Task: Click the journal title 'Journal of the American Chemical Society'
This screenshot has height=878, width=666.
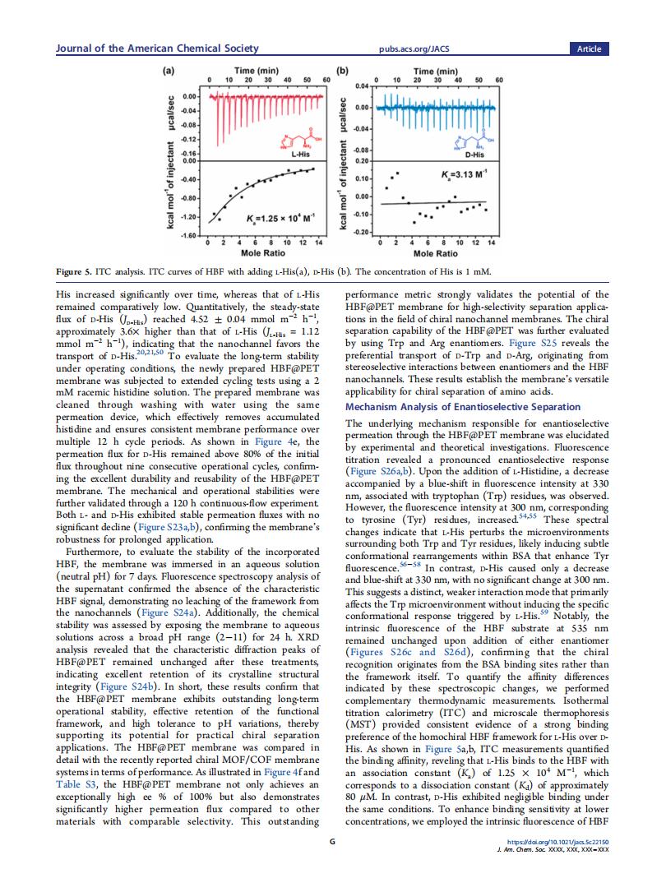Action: click(156, 49)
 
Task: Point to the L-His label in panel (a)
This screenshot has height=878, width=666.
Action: click(299, 153)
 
